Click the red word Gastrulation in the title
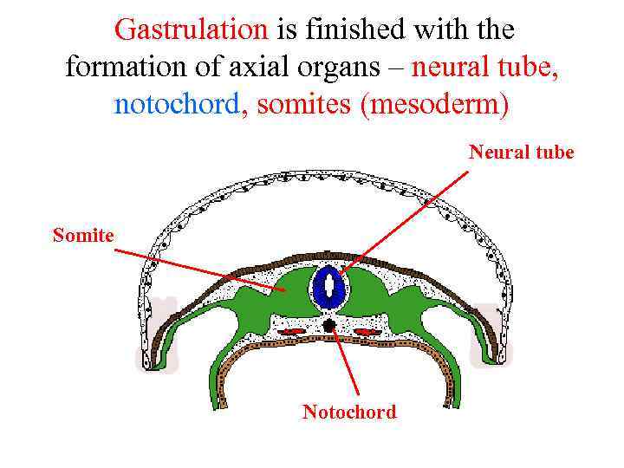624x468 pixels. point(192,30)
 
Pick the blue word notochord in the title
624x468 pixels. point(177,105)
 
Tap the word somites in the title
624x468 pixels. point(296,105)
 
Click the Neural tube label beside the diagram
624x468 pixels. point(521,153)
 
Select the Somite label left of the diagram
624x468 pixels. point(83,234)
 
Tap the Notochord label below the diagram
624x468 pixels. point(348,412)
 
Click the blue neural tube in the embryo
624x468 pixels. point(329,288)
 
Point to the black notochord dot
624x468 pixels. point(329,325)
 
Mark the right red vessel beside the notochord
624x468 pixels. point(366,331)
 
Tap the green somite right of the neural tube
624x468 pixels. point(368,290)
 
